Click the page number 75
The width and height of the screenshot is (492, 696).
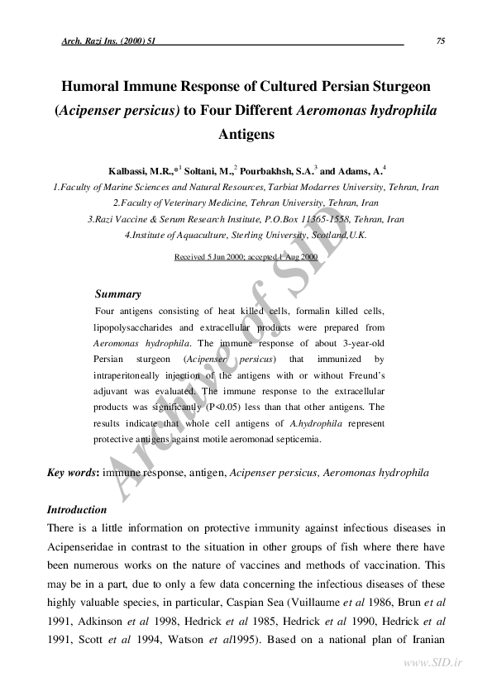440,41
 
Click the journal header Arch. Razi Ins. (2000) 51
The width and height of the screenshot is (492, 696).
109,41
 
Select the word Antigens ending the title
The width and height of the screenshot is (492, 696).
246,132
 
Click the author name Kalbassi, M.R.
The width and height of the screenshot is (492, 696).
141,171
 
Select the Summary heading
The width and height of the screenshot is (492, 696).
118,293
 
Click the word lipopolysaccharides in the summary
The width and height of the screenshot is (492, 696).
132,328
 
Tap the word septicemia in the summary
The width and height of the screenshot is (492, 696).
298,439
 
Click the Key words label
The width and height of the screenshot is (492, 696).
73,472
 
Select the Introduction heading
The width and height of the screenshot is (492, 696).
77,509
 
